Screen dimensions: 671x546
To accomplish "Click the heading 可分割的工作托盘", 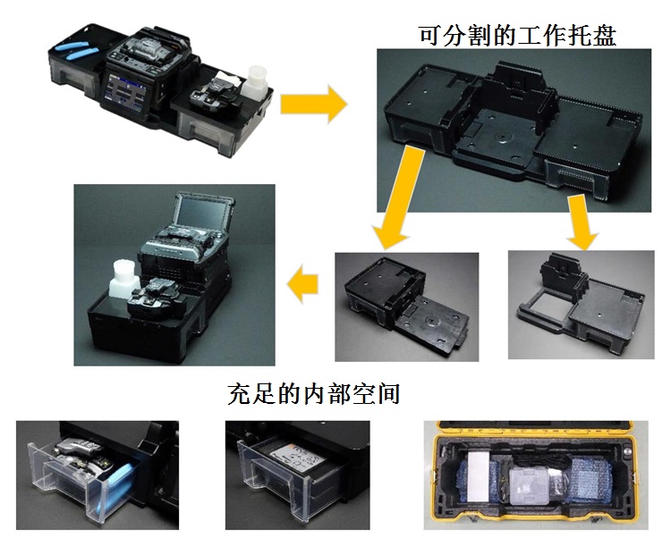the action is click(x=517, y=35).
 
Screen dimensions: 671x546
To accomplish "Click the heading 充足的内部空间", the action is click(x=314, y=393).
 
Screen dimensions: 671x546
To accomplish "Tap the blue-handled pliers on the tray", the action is click(x=76, y=51).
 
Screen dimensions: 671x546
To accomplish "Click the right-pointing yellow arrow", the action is click(x=314, y=104).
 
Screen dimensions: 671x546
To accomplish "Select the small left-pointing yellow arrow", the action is click(x=302, y=284).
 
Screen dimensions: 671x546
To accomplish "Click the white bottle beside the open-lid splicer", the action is click(x=124, y=280).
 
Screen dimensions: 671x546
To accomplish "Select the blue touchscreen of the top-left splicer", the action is click(x=124, y=91).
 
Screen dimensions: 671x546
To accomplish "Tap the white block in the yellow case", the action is click(x=478, y=476).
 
